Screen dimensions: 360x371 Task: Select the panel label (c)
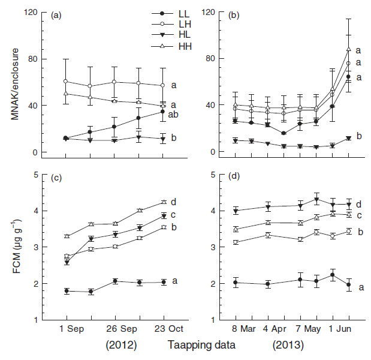[x=55, y=177]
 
